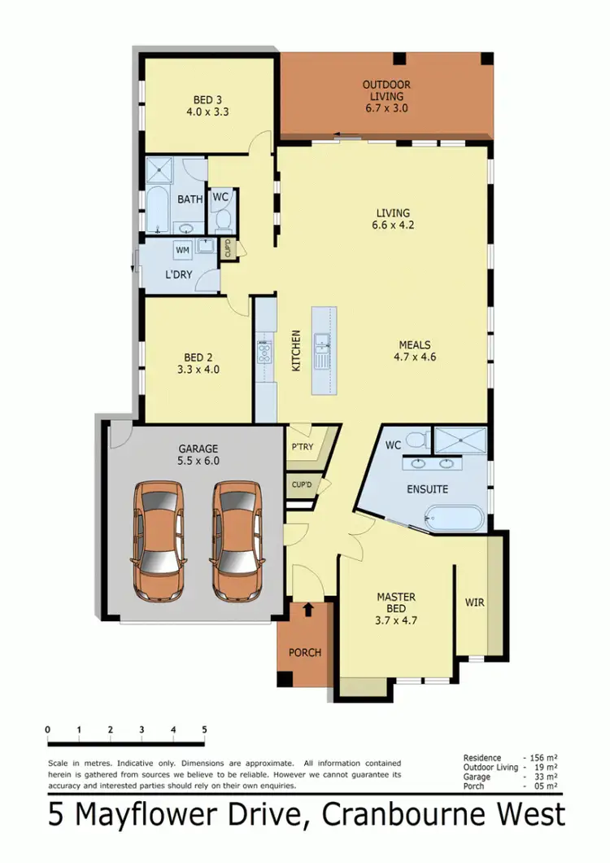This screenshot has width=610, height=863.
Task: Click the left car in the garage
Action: pyautogui.click(x=158, y=537)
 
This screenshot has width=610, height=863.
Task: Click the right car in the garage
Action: pyautogui.click(x=237, y=537)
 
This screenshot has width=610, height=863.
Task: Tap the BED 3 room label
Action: pyautogui.click(x=204, y=106)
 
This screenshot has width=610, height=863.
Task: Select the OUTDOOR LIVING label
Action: pyautogui.click(x=386, y=90)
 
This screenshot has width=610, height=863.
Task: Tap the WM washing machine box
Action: pyautogui.click(x=181, y=250)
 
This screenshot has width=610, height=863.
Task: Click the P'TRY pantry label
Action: pyautogui.click(x=303, y=447)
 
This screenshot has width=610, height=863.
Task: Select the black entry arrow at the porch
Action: pyautogui.click(x=308, y=609)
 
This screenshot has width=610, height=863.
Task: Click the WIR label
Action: pyautogui.click(x=475, y=603)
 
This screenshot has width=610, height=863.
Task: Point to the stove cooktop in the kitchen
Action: pyautogui.click(x=264, y=353)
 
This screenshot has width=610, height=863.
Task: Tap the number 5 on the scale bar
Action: pyautogui.click(x=204, y=729)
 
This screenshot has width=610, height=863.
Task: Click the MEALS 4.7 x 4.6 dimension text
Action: pyautogui.click(x=415, y=356)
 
